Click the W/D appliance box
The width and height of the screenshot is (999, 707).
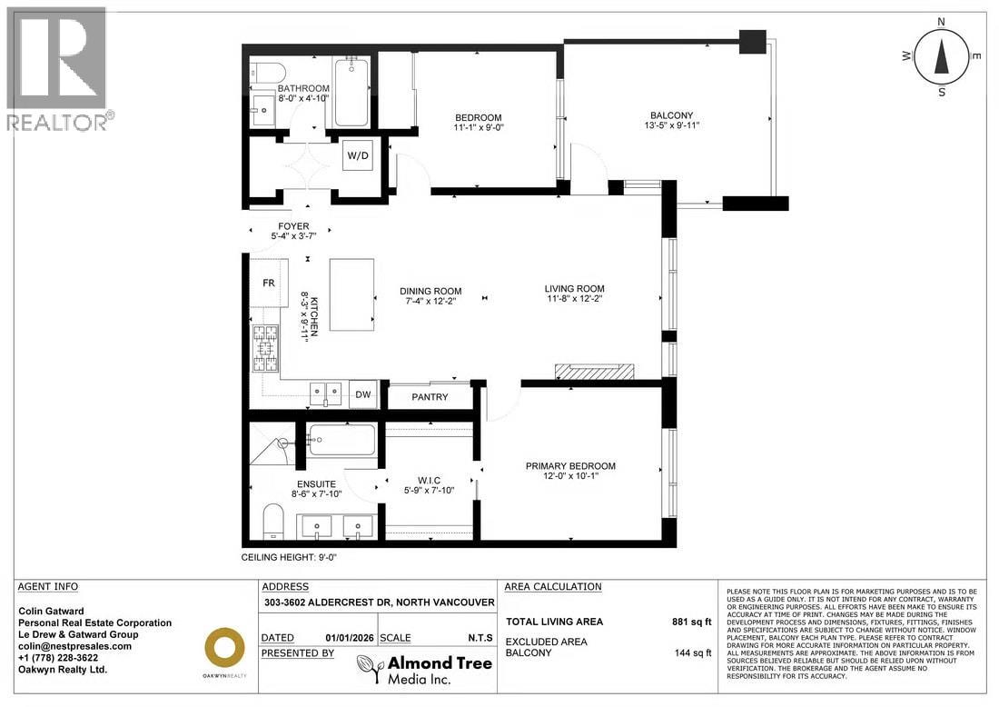356,155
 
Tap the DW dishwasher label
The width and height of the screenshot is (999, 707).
362,394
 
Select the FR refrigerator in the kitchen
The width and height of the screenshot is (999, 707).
270,284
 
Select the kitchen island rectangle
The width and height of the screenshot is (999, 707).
351,294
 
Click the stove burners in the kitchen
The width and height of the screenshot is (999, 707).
268,349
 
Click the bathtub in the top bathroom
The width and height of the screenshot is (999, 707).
351,94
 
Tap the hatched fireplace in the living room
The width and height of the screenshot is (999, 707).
595,371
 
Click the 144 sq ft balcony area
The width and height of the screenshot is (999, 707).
691,652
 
